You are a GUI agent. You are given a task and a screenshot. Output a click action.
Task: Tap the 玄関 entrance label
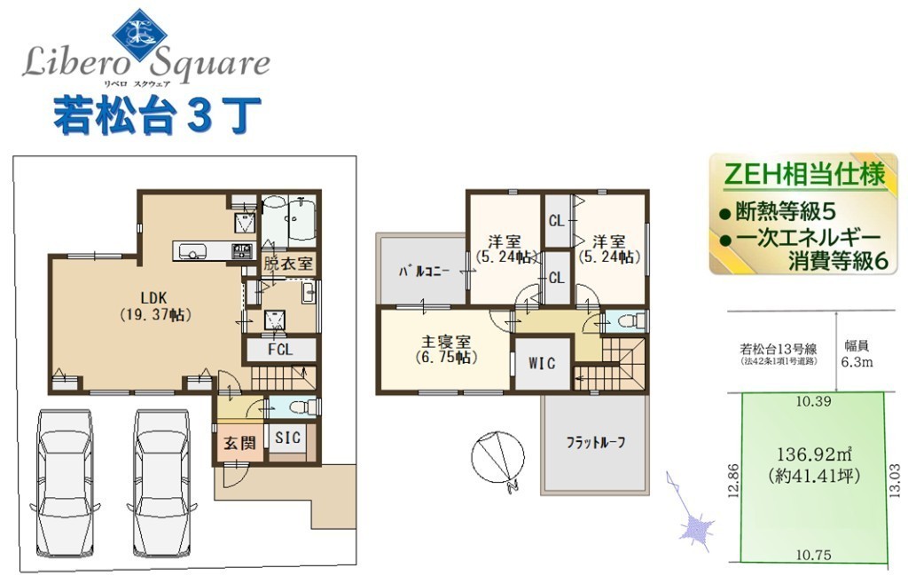click(x=239, y=443)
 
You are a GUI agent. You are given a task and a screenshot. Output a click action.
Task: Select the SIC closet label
click(x=288, y=437)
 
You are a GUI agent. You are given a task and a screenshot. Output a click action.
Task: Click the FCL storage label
click(x=280, y=350)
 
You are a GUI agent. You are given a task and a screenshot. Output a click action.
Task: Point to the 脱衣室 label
click(x=288, y=264)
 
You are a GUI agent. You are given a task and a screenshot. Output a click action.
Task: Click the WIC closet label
click(x=542, y=363)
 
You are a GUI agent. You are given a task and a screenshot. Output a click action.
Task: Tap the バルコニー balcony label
click(x=424, y=272)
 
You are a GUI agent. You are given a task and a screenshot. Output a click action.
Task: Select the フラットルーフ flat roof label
click(x=595, y=443)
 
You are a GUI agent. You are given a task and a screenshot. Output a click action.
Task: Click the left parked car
click(x=64, y=483)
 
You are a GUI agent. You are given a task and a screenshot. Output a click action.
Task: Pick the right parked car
click(x=163, y=483)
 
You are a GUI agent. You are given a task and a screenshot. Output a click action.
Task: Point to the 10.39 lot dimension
click(x=813, y=401)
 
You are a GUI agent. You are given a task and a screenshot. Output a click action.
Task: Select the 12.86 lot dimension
click(x=733, y=480)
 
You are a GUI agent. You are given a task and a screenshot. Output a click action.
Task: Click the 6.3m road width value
click(x=857, y=363)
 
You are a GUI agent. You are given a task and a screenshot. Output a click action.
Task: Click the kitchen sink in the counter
click(x=192, y=251)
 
